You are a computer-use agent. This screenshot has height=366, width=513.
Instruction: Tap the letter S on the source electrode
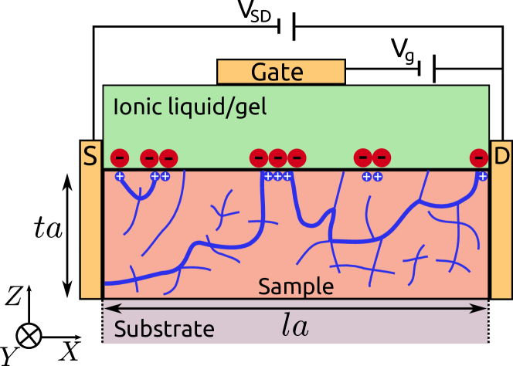coord(90,157)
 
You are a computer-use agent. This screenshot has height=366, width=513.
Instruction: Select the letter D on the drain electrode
coord(501,157)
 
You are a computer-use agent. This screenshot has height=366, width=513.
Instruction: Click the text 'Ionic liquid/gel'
coord(189,107)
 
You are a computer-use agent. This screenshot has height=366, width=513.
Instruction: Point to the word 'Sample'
coord(296,286)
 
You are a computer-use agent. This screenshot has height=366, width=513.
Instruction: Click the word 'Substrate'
coord(164,329)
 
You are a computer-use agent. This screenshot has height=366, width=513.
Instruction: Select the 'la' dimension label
coord(294,327)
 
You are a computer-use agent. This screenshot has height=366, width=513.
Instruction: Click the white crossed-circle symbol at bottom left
coord(29,335)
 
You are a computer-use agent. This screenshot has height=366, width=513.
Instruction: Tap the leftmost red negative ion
coord(120,158)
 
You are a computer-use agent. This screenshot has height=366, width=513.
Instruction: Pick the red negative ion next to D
coord(479,158)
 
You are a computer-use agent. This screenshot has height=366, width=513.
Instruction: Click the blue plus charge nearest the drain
coord(482,176)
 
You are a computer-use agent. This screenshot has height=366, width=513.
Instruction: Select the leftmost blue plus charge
coord(120,176)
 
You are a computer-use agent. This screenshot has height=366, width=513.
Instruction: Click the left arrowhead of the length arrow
coord(107,308)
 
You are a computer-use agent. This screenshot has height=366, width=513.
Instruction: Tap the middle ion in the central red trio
coord(277,158)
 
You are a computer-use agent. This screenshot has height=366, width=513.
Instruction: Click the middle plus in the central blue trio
coord(277,176)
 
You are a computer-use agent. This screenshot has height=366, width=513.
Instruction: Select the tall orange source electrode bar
coord(90,232)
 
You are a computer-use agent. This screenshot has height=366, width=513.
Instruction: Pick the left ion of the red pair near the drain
coord(362,158)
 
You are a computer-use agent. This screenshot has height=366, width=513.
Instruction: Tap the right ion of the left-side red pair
coord(168,158)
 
